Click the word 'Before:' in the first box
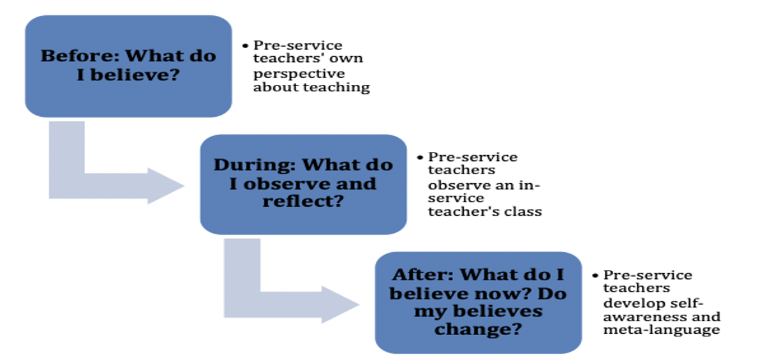pos(80,56)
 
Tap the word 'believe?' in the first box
pos(135,75)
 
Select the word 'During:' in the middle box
pos(255,165)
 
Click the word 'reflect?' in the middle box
pos(303,201)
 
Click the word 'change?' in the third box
pos(478,329)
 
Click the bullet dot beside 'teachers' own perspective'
pos(245,45)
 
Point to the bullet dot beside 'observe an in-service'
pos(420,158)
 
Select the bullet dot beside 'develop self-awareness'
pos(595,276)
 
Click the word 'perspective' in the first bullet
pos(299,74)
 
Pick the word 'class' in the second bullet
pos(523,212)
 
